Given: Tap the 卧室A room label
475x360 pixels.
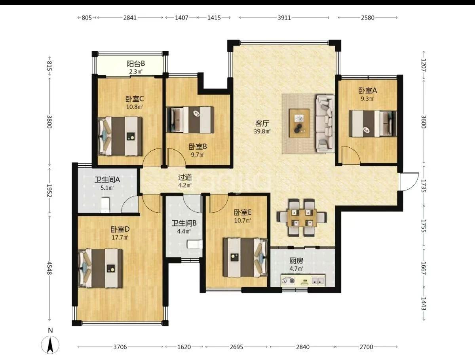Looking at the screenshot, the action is coord(368,90).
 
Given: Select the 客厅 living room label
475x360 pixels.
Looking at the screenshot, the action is coord(262,124).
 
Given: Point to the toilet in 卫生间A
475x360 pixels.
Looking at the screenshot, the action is coord(106,205).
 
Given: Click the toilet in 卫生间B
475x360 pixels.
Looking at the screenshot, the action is coord(195,244).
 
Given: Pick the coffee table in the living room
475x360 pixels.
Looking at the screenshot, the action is coord(300,123).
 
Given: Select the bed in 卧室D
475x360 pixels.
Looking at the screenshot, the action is coord(100,269).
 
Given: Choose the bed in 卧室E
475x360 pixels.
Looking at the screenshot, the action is coord(245,257).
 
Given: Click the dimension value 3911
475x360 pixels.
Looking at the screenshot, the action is coord(284,17).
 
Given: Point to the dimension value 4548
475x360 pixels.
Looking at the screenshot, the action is coord(49,268).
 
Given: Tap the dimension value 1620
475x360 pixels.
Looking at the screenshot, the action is coord(184,347).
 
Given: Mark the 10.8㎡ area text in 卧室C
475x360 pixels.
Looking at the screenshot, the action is coord(135,107).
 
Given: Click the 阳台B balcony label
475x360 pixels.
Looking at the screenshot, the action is coord(136,64).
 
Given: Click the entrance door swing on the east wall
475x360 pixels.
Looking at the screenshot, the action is coord(409,182).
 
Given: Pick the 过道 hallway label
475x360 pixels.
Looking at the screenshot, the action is coord(185,177).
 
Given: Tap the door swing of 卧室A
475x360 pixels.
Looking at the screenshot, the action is coord(351,155).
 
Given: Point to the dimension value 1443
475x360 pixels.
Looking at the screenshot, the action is coord(424,303).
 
